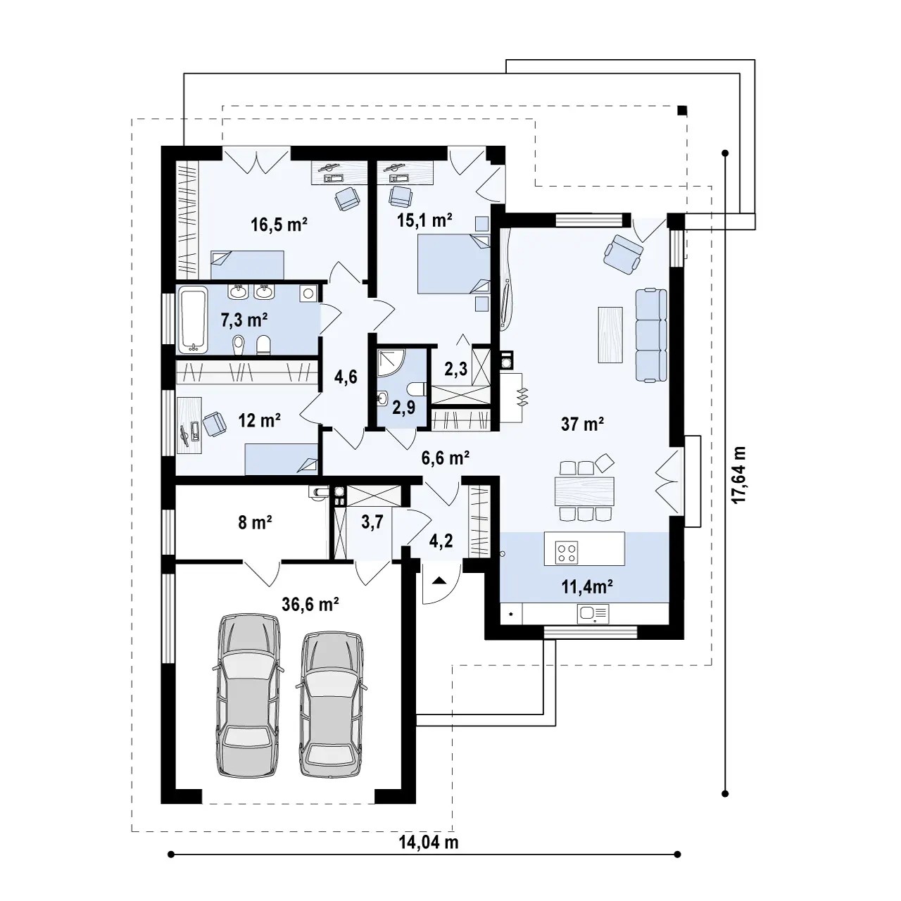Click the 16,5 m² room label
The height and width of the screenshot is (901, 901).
coord(279,225)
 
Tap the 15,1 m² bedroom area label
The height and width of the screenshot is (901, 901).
coord(424,220)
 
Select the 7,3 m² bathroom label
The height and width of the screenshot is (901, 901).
coord(244,320)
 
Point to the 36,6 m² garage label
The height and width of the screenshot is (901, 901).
coord(310,604)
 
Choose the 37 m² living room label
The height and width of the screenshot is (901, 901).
coord(582,424)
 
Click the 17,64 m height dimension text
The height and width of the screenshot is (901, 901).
coord(739,474)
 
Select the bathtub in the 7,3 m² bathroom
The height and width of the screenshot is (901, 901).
coord(194,320)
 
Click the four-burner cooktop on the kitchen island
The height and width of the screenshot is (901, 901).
coord(566,552)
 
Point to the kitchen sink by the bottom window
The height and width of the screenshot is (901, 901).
coord(593,613)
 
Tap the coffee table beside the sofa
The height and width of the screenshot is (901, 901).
coord(610,334)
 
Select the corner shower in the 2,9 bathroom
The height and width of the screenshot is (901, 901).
coord(389,363)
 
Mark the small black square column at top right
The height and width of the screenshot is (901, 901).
coord(682,111)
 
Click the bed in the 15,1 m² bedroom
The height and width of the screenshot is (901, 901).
coord(453,264)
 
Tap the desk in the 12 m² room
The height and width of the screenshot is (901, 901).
coord(189,425)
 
